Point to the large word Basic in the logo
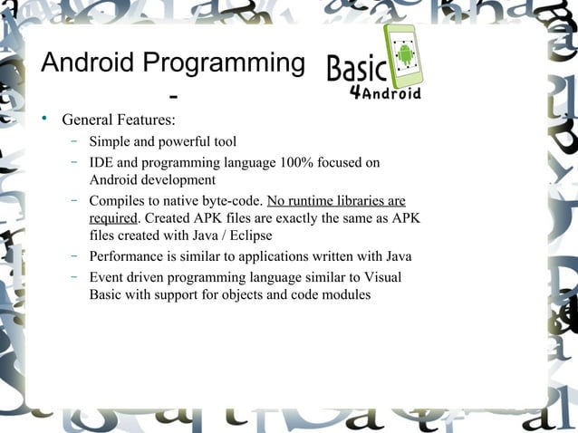[356, 69]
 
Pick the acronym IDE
[101, 163]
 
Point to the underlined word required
[112, 218]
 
